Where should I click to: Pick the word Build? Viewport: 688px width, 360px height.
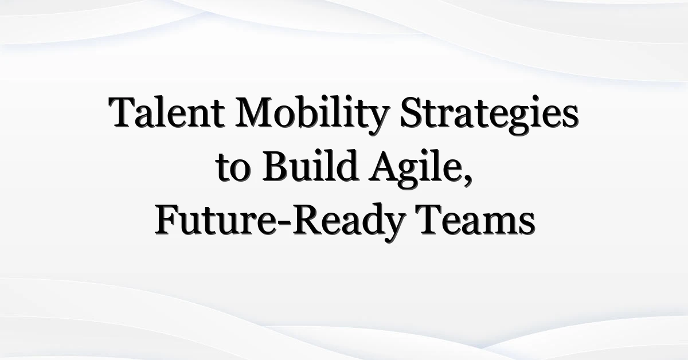310,165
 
